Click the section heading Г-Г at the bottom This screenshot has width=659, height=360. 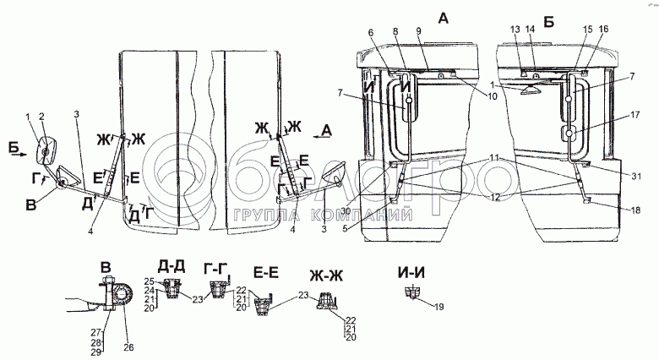click(x=217, y=268)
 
